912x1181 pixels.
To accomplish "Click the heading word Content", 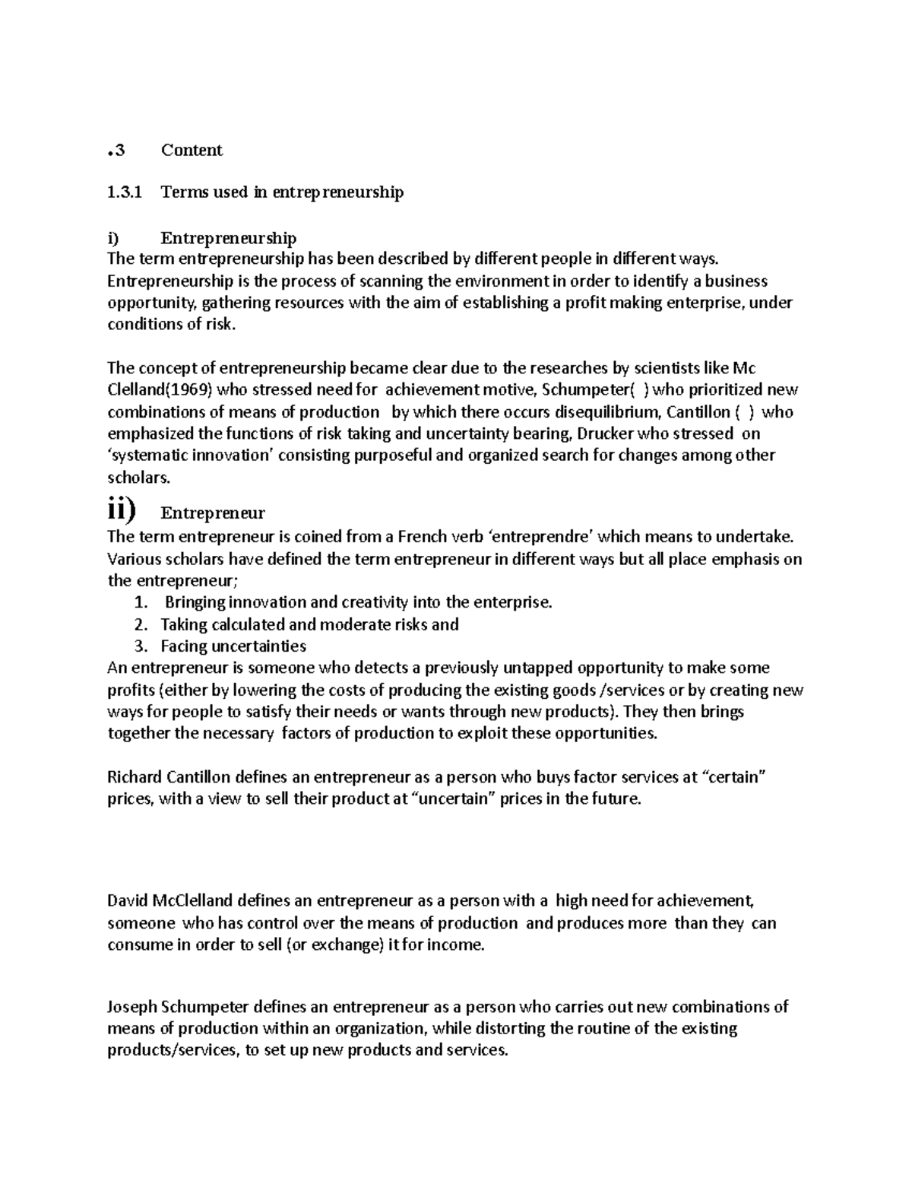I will [192, 151].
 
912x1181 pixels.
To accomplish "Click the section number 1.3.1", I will [125, 192].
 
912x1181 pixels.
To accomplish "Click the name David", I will [128, 902].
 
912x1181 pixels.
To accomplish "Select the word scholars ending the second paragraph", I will [138, 478].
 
